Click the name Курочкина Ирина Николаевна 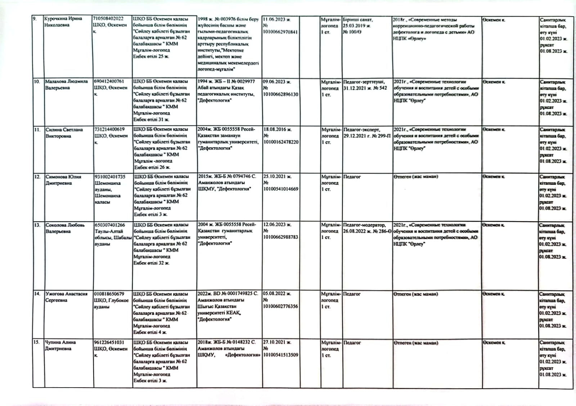pyautogui.click(x=63, y=22)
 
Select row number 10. pyautogui.click(x=37, y=82)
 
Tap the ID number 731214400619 pyautogui.click(x=109, y=129)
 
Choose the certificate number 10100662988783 pyautogui.click(x=280, y=237)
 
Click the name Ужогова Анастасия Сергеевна pyautogui.click(x=66, y=297)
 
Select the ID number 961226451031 pyautogui.click(x=109, y=342)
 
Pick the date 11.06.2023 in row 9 pyautogui.click(x=276, y=19)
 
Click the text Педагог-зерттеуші pyautogui.click(x=364, y=82)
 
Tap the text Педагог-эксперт pyautogui.click(x=361, y=129)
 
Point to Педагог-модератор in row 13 pyautogui.click(x=364, y=225)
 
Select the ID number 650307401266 pyautogui.click(x=110, y=225)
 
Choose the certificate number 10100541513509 pyautogui.click(x=280, y=355)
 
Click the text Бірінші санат pyautogui.click(x=357, y=19)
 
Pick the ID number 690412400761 pyautogui.click(x=109, y=81)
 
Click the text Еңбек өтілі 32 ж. pyautogui.click(x=151, y=263)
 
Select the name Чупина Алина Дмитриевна pyautogui.click(x=60, y=345)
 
